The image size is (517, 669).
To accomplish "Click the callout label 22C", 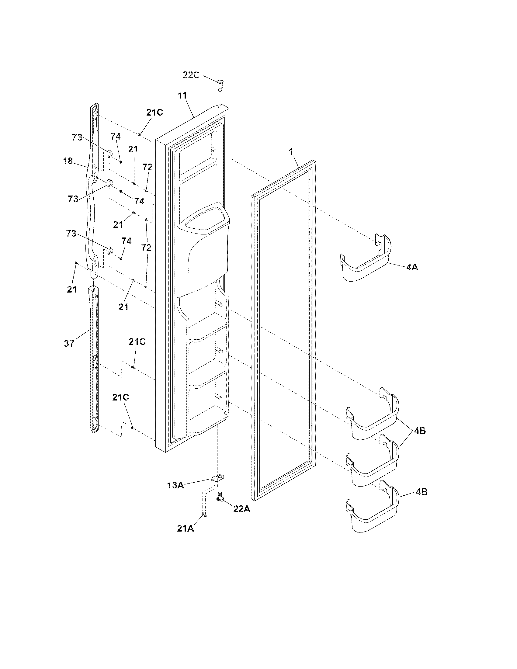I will point(191,75).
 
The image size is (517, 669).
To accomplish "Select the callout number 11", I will point(182,95).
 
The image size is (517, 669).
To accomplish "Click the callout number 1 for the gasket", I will point(291,151).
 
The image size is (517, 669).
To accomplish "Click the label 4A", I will point(412,267).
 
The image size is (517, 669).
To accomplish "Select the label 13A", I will point(175,485).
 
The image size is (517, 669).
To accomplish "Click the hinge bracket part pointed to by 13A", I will point(218,478).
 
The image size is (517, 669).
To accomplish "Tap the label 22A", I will point(242,509).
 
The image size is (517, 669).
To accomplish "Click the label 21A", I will point(186,528).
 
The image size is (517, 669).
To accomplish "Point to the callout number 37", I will point(69,343).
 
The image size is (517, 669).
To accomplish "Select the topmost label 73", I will point(77,137).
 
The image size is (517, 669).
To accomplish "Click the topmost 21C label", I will point(154,113).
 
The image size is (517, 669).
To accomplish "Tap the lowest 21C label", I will point(120,397).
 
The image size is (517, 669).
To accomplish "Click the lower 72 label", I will point(146,248).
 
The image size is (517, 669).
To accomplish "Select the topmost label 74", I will point(116,136).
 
